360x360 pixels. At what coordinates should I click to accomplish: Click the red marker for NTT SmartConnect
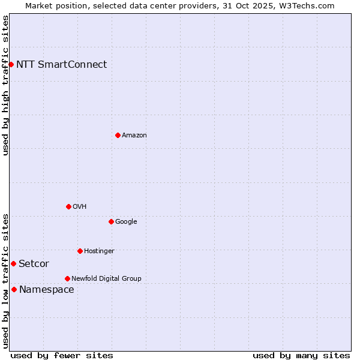[11, 64]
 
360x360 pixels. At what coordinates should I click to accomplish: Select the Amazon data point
[118, 135]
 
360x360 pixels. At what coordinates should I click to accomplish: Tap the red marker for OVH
[68, 206]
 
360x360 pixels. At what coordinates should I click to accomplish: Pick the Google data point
[111, 221]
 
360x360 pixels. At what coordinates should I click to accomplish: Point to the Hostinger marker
[80, 251]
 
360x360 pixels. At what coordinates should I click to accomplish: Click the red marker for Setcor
[13, 263]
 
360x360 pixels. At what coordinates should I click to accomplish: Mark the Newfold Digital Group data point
[67, 278]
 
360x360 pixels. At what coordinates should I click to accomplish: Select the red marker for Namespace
[14, 289]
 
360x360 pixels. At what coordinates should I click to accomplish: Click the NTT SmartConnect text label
[61, 65]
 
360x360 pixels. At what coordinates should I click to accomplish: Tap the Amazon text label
[134, 136]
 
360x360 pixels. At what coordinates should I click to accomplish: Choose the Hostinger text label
[99, 251]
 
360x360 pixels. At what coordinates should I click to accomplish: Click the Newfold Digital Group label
[106, 278]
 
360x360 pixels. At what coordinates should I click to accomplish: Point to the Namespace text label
[47, 290]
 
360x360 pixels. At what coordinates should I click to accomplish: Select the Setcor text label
[34, 264]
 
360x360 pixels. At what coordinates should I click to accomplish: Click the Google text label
[126, 222]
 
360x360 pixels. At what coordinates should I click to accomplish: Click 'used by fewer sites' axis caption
[62, 355]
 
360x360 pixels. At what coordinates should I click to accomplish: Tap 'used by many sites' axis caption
[301, 355]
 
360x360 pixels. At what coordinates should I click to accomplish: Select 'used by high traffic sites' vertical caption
[5, 85]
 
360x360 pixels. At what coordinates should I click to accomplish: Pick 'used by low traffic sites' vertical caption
[5, 280]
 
